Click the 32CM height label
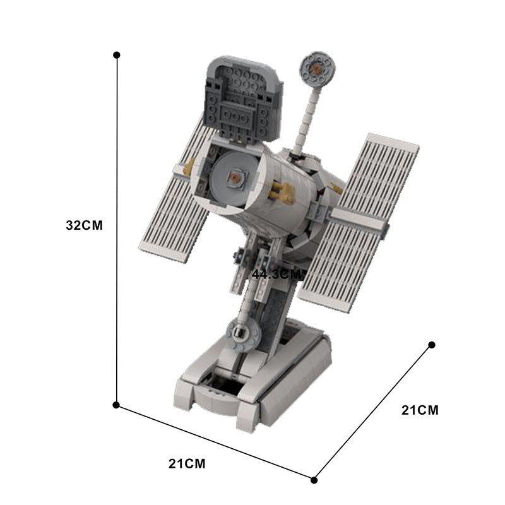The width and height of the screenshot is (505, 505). click(x=83, y=225)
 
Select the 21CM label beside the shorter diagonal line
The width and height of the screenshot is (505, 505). click(x=420, y=410)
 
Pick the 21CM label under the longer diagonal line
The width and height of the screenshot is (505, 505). click(x=187, y=464)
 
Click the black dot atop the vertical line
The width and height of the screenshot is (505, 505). click(x=117, y=56)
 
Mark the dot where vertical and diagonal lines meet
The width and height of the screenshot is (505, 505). click(x=117, y=404)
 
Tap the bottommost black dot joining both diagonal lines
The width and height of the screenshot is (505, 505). click(x=314, y=480)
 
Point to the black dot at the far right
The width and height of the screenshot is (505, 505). click(x=432, y=345)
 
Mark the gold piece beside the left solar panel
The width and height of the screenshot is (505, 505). click(x=188, y=167)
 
